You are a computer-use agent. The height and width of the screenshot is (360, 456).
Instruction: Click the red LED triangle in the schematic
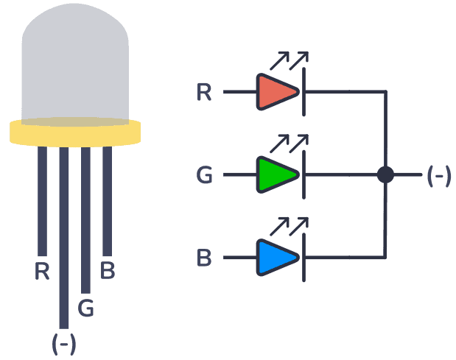(276, 92)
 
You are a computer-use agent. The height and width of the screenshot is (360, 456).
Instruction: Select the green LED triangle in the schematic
(276, 175)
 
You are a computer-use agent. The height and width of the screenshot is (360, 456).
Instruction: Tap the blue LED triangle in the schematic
(276, 258)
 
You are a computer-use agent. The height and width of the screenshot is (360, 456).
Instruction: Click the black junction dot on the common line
(385, 175)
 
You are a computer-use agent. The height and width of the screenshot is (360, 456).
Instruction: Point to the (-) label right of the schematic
(438, 176)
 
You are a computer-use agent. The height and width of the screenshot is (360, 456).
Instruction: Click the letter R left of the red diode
(205, 93)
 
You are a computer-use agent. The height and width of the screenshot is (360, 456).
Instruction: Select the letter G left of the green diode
(205, 176)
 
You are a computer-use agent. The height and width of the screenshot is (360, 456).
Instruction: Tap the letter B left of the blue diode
(205, 259)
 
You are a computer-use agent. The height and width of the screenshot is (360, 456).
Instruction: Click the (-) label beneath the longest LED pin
(63, 343)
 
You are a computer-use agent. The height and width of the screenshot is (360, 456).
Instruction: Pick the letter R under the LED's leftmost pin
(42, 272)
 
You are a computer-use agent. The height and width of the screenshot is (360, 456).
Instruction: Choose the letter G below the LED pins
(85, 308)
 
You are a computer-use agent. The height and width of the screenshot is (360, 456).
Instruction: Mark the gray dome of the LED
(75, 63)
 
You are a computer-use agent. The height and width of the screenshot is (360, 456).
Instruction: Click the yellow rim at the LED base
(75, 133)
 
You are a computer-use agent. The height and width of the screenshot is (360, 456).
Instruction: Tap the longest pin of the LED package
(64, 236)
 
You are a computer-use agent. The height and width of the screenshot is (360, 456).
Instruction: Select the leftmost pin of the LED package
(42, 199)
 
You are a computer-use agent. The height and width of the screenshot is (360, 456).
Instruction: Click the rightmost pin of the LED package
(107, 199)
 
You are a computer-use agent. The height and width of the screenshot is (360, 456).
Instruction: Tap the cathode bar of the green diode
(304, 175)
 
